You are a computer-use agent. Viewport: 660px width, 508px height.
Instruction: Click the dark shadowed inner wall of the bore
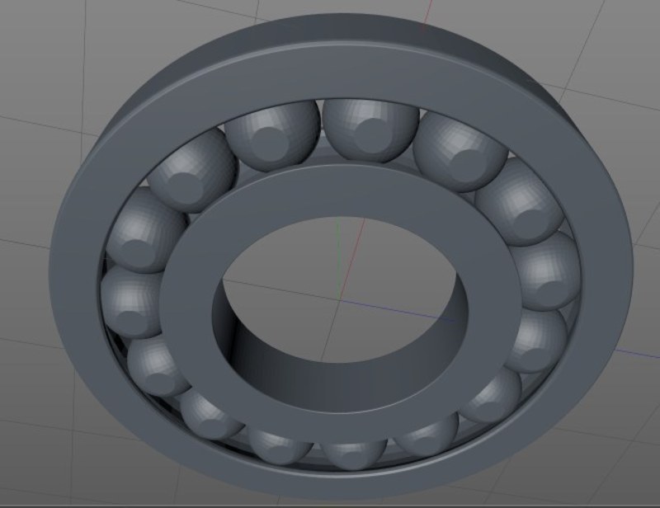(247, 346)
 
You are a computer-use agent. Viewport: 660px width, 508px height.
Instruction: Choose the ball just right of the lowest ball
(425, 441)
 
